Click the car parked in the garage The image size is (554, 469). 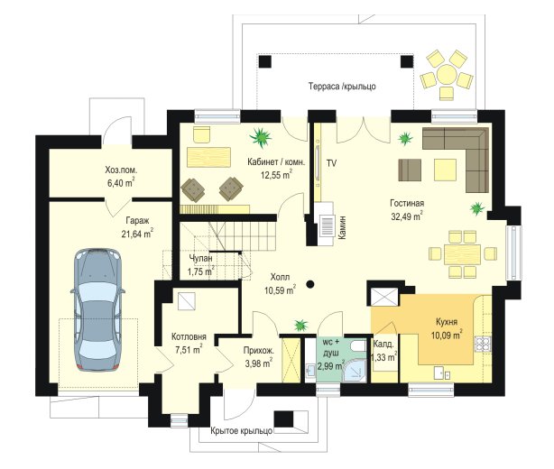coord(97,310)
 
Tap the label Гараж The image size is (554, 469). coord(137,221)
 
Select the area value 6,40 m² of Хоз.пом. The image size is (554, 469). coord(121,183)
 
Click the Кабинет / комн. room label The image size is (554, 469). coord(276,162)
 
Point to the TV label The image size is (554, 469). coord(331,163)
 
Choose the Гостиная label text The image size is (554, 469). coord(407,204)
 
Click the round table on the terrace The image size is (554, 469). coord(447,75)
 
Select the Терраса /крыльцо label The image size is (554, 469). coord(342,87)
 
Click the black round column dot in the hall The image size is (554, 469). coord(310,283)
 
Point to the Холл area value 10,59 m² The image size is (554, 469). coord(281,290)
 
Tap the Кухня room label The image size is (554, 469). coord(447,322)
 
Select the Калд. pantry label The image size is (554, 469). coord(383,344)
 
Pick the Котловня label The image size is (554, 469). coord(189,336)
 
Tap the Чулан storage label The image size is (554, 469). coord(200,258)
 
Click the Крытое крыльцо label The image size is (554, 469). coord(242,431)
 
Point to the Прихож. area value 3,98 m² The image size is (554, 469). coord(259,363)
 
